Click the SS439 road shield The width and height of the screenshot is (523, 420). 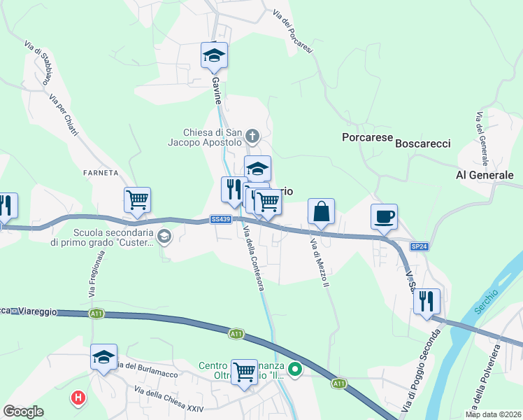coord(220,219)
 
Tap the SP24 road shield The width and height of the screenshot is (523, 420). coord(419,247)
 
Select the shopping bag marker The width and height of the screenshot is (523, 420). coord(321,212)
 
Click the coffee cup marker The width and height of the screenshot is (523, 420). coord(383,217)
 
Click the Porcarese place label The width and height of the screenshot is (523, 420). coord(367,138)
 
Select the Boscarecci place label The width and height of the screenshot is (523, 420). coord(423,143)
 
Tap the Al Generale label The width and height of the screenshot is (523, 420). coord(485,174)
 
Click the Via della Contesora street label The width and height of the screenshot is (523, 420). coord(253,260)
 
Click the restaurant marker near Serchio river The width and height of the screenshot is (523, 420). coord(427,302)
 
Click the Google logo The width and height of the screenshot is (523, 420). coord(24,412)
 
